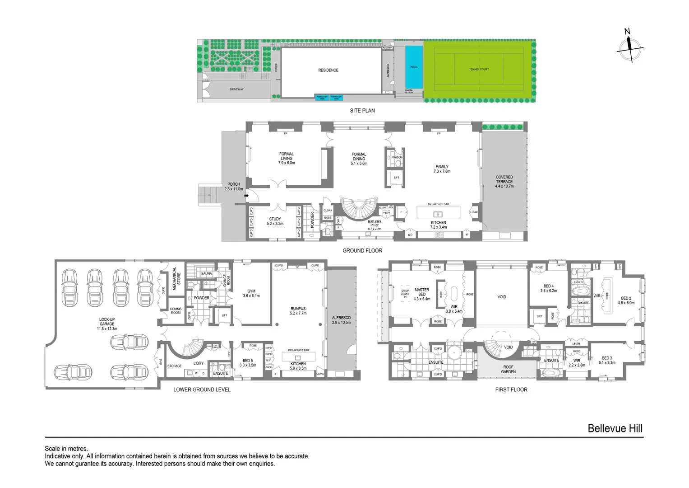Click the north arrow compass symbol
[629, 47]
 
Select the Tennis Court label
[479, 69]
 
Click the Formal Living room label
[286, 158]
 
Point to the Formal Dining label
[359, 159]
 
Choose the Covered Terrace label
[504, 182]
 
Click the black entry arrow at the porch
[246, 196]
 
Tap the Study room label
[275, 221]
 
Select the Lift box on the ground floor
[396, 178]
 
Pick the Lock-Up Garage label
[107, 324]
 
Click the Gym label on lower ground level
[251, 293]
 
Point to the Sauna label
[206, 273]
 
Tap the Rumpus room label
[298, 311]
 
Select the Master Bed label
[422, 294]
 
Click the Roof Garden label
[508, 369]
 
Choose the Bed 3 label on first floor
[607, 360]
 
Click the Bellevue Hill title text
[615, 428]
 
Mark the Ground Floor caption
[362, 250]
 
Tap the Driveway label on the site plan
[236, 89]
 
